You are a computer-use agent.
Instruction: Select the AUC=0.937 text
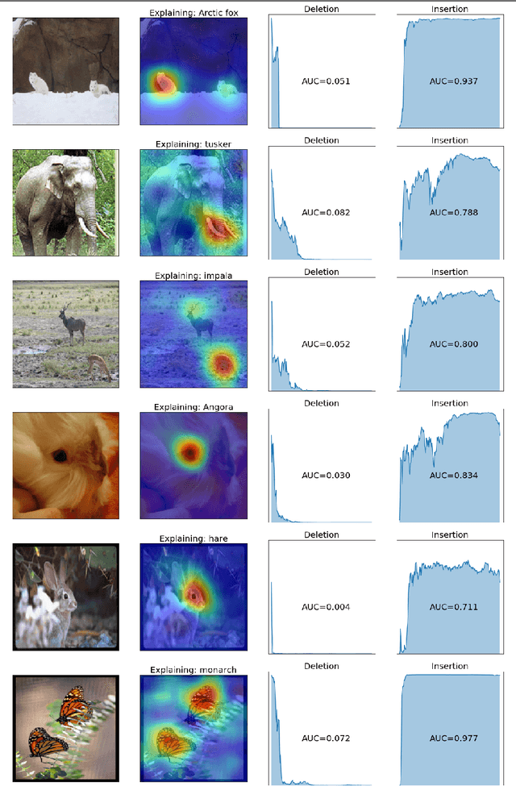point(454,81)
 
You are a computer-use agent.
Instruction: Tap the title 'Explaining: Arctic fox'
point(193,12)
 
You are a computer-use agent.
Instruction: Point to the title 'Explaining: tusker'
point(193,143)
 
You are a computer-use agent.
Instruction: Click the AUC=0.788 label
point(454,213)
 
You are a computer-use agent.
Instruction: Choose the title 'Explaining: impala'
point(193,275)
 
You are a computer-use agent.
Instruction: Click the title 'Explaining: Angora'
point(193,407)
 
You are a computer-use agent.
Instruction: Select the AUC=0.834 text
point(454,476)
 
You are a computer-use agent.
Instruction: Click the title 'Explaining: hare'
point(193,538)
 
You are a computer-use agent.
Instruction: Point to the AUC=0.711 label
point(454,607)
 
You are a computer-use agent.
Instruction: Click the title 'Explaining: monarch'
point(193,670)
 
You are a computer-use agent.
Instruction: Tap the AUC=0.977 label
point(454,738)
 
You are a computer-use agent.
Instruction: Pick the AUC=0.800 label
point(454,344)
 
